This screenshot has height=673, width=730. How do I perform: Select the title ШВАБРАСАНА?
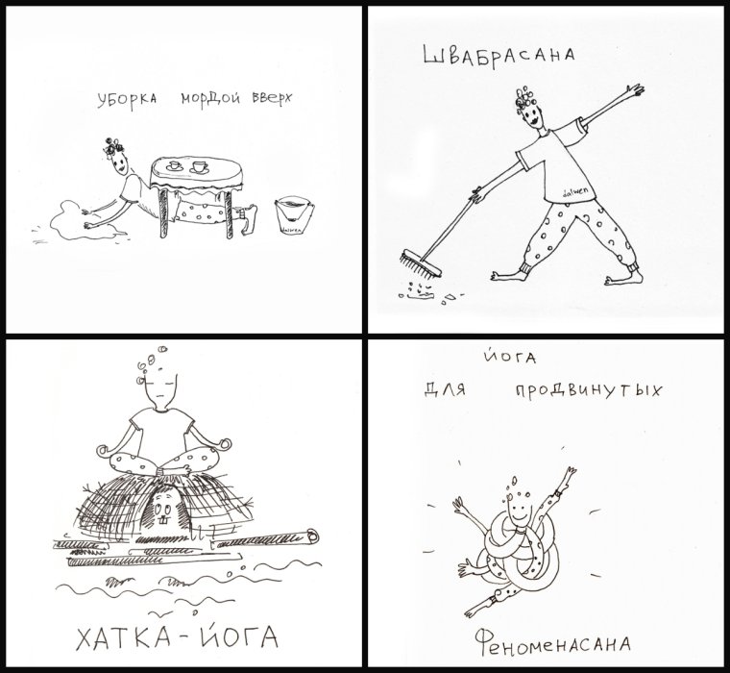tap(499, 58)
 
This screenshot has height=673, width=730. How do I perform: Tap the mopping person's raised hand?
tap(634, 89)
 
